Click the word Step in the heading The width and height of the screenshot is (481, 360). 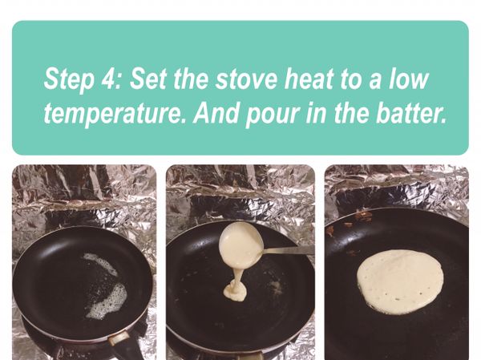point(70,80)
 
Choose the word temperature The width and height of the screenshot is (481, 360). point(115,114)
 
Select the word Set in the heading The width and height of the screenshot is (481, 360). point(149,79)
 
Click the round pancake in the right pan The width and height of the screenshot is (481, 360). point(400,281)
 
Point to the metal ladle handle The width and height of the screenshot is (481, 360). point(288,250)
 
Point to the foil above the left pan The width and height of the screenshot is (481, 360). point(84,196)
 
